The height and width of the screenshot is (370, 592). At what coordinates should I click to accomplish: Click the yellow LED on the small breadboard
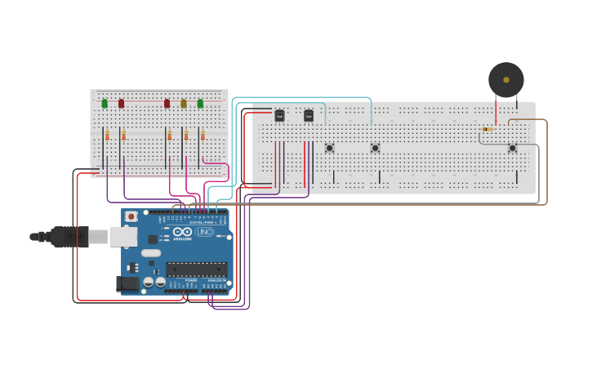(184, 104)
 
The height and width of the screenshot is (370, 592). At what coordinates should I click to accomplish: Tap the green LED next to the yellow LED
(200, 104)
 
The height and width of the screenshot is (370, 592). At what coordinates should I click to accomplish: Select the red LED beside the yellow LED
(167, 104)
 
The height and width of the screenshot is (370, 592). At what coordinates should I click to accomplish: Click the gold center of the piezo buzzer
(506, 80)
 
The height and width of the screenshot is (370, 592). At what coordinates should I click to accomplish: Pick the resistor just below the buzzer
(487, 129)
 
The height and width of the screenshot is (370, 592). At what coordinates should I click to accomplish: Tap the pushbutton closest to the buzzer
(512, 148)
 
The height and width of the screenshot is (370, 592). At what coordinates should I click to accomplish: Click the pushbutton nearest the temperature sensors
(329, 148)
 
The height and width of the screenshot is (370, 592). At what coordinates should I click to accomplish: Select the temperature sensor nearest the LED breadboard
(279, 116)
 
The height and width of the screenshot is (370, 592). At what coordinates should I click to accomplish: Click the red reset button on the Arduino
(131, 217)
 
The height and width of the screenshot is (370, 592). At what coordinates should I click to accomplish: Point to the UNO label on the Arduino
(204, 232)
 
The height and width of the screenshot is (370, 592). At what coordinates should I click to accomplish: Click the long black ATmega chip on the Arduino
(196, 269)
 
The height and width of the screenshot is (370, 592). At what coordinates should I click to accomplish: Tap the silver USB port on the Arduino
(123, 236)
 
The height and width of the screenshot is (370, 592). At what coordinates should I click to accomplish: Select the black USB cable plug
(70, 237)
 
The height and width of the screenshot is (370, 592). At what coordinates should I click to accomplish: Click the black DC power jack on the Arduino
(127, 283)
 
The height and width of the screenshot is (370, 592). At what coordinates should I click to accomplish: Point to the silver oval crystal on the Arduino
(151, 253)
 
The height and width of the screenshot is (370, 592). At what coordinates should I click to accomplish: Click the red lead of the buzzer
(496, 110)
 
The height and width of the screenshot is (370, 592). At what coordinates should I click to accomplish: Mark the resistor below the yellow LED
(185, 136)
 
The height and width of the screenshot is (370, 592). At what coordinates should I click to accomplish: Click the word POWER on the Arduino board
(191, 279)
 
